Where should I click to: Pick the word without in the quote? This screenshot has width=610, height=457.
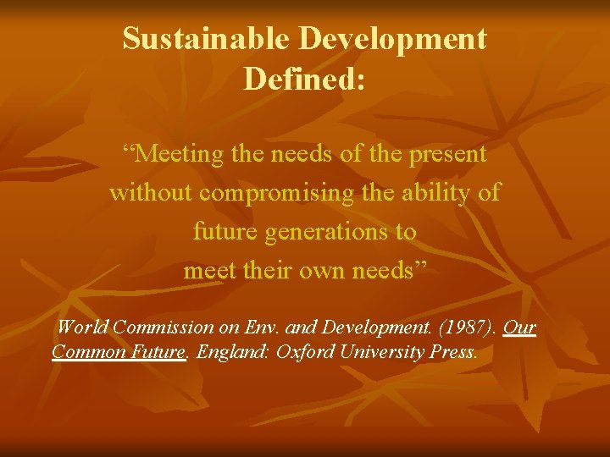pos(151,192)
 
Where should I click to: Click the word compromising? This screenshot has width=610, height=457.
pos(271,192)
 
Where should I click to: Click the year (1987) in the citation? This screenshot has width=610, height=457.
pos(468,328)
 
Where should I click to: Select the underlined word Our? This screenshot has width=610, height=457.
pos(519,328)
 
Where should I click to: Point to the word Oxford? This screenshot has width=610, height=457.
pos(302,350)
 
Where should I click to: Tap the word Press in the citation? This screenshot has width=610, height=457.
pos(454,350)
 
